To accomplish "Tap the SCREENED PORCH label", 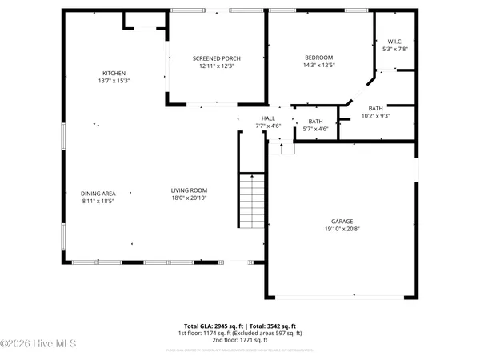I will tap(216, 58).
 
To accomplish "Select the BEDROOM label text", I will tap(318, 58).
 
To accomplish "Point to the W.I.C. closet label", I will tap(394, 42).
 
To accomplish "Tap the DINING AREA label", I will tap(98, 193).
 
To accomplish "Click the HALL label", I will tap(267, 118).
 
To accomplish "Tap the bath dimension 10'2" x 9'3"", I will tap(375, 116).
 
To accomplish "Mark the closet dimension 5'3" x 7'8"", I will tap(394, 49).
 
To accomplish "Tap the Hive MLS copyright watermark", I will tap(38, 344).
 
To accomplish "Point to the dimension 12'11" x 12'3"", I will tap(216, 66).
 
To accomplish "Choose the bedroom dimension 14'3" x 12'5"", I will tap(318, 66).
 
